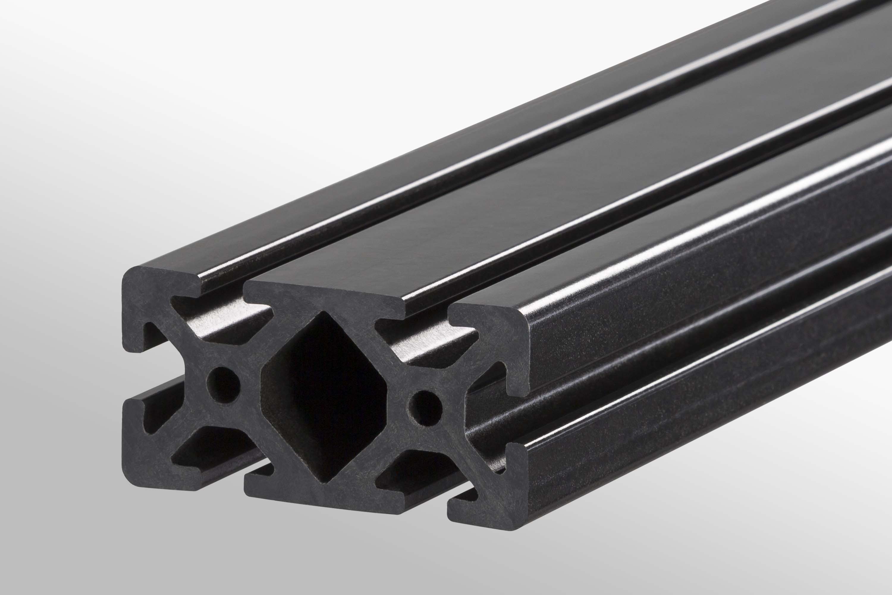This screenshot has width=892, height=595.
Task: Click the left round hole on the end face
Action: [x=224, y=385]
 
